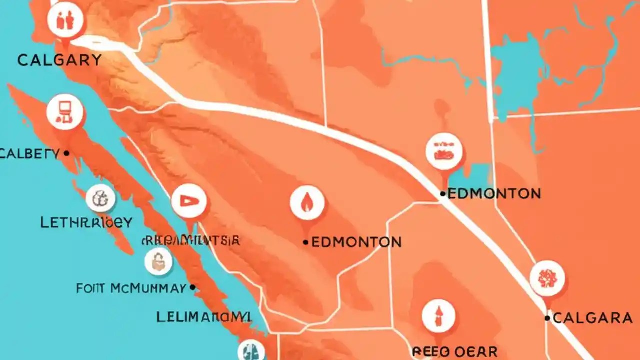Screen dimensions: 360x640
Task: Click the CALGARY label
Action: [x=59, y=60]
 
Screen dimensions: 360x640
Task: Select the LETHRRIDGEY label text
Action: [x=86, y=222]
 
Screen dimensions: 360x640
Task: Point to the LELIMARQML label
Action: [x=204, y=317]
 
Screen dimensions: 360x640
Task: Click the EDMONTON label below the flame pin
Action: [x=356, y=242]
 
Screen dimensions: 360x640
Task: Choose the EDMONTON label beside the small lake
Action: [x=494, y=193]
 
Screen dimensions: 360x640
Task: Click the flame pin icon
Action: [x=307, y=203]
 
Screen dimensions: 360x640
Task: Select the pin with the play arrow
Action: [x=189, y=201]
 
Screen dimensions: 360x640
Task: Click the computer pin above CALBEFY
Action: [x=65, y=111]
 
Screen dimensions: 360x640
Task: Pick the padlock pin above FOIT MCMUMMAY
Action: [x=158, y=261]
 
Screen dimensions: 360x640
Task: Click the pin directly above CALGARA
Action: [x=547, y=278]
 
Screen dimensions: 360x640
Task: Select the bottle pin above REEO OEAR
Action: [x=438, y=316]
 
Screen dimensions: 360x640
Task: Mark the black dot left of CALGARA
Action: [x=548, y=318]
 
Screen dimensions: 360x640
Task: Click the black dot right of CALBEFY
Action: [x=66, y=154]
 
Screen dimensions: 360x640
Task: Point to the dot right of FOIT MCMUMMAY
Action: [x=192, y=288]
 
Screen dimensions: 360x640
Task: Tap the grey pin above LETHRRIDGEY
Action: [x=100, y=198]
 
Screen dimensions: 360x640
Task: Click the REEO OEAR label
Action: [x=455, y=351]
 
